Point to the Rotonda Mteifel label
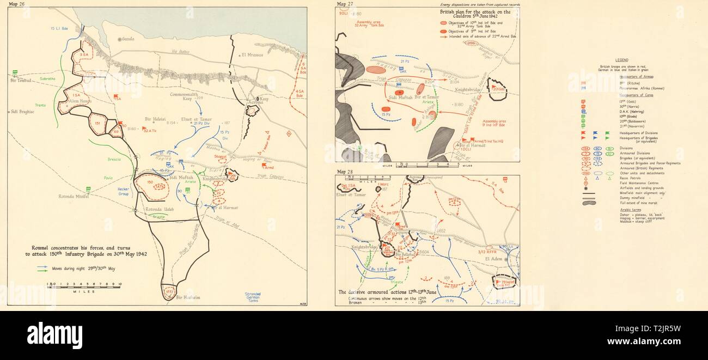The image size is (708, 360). [x=74, y=197]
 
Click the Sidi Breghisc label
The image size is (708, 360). [x=22, y=112]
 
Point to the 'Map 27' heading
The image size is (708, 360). [x=344, y=4]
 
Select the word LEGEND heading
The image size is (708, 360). [x=619, y=60]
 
